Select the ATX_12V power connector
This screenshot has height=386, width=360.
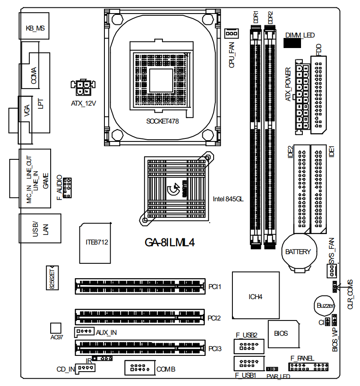(83, 89)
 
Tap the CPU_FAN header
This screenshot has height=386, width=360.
(232, 34)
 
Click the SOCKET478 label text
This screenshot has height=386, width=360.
(163, 121)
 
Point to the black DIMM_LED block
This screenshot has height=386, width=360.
(292, 42)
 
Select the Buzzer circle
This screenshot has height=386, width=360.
(325, 306)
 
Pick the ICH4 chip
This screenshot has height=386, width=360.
(255, 296)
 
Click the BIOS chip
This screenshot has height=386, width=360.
(281, 334)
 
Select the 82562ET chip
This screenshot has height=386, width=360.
(52, 278)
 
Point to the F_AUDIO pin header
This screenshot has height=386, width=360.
(67, 188)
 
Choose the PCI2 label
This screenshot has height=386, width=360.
(215, 318)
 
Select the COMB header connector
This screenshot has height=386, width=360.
(139, 368)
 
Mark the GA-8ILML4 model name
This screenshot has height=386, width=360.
(169, 243)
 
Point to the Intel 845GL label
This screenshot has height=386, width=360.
(228, 199)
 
